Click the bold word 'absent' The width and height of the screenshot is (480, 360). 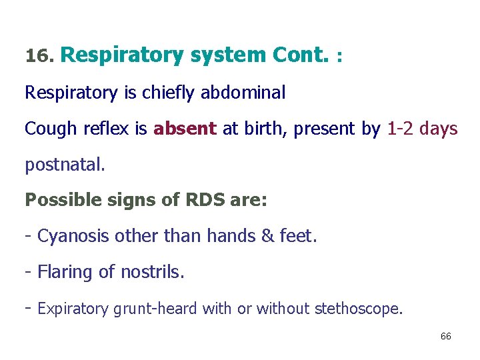click(185, 128)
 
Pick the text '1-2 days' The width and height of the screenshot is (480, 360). click(422, 128)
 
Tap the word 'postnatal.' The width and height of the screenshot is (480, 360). click(65, 165)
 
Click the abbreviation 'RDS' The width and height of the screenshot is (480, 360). click(204, 200)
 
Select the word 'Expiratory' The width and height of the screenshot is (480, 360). click(73, 309)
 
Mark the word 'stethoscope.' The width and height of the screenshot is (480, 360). click(359, 309)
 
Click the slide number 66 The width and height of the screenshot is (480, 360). click(445, 337)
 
